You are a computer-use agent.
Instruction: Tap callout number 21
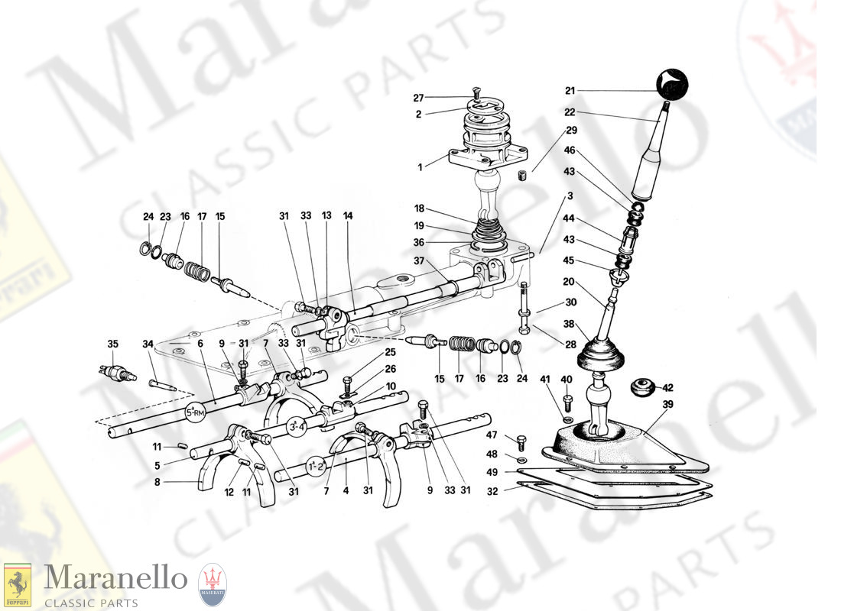[570, 91]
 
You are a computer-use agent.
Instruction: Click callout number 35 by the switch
[113, 344]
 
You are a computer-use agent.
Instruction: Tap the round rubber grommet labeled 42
[644, 387]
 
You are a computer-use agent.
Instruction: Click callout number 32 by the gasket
[493, 492]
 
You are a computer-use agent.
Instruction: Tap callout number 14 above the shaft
[348, 216]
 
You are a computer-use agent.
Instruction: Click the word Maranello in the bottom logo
[115, 578]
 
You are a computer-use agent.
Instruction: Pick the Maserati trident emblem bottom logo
[212, 587]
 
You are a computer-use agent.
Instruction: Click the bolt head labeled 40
[567, 400]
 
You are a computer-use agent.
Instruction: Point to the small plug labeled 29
[523, 178]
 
